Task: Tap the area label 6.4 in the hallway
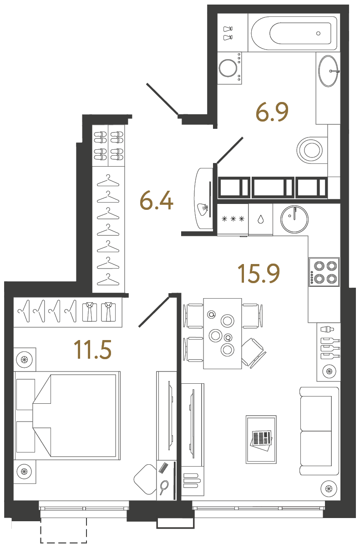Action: pos(156,201)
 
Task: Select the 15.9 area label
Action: pos(258,273)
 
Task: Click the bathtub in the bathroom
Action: pos(294,33)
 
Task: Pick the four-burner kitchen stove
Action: pos(324,272)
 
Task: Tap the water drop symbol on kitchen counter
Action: pos(260,219)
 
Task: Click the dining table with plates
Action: pos(222,333)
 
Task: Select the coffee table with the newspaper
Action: pos(261,439)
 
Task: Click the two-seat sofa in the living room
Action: pos(319,431)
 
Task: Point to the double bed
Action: pos(67,415)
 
